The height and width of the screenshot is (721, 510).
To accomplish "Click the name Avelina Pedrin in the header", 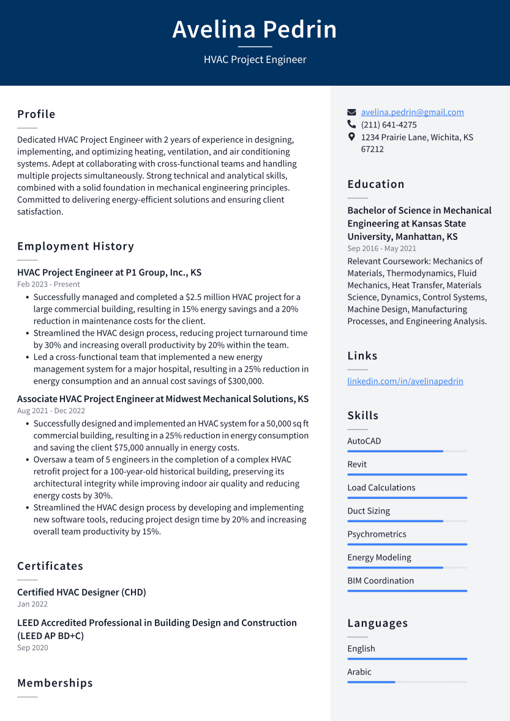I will pyautogui.click(x=255, y=29).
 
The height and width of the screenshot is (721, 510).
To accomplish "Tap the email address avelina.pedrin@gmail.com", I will pyautogui.click(x=412, y=112).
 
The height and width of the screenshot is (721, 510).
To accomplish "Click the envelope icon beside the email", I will pyautogui.click(x=351, y=113).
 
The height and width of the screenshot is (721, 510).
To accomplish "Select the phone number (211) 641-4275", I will pyautogui.click(x=389, y=125).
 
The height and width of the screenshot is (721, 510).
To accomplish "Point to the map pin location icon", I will pyautogui.click(x=351, y=137).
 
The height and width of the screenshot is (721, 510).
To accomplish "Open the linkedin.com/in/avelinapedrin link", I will pyautogui.click(x=405, y=381).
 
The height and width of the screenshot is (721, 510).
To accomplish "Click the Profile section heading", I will pyautogui.click(x=36, y=114).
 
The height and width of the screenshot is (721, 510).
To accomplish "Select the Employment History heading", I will pyautogui.click(x=75, y=247).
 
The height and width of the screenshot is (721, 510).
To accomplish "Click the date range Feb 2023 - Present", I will pyautogui.click(x=48, y=285).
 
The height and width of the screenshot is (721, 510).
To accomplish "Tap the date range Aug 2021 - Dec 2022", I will pyautogui.click(x=51, y=411).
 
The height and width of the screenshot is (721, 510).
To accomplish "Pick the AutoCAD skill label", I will pyautogui.click(x=364, y=441).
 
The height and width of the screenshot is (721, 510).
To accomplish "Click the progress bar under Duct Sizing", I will pyautogui.click(x=407, y=521).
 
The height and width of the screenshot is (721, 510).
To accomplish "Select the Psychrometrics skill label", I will pyautogui.click(x=377, y=534).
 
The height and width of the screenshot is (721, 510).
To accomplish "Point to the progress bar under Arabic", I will pyautogui.click(x=407, y=682).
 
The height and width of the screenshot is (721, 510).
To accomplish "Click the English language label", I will pyautogui.click(x=361, y=649).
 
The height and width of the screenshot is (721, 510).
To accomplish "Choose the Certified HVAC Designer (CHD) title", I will pyautogui.click(x=81, y=592).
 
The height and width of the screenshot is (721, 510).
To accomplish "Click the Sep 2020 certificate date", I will pyautogui.click(x=32, y=648).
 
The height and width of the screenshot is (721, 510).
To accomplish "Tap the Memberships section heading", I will pyautogui.click(x=55, y=683).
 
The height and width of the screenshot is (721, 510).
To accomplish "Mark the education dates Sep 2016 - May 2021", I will pyautogui.click(x=381, y=248).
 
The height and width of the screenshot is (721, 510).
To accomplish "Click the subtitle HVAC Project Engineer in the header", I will pyautogui.click(x=255, y=59).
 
